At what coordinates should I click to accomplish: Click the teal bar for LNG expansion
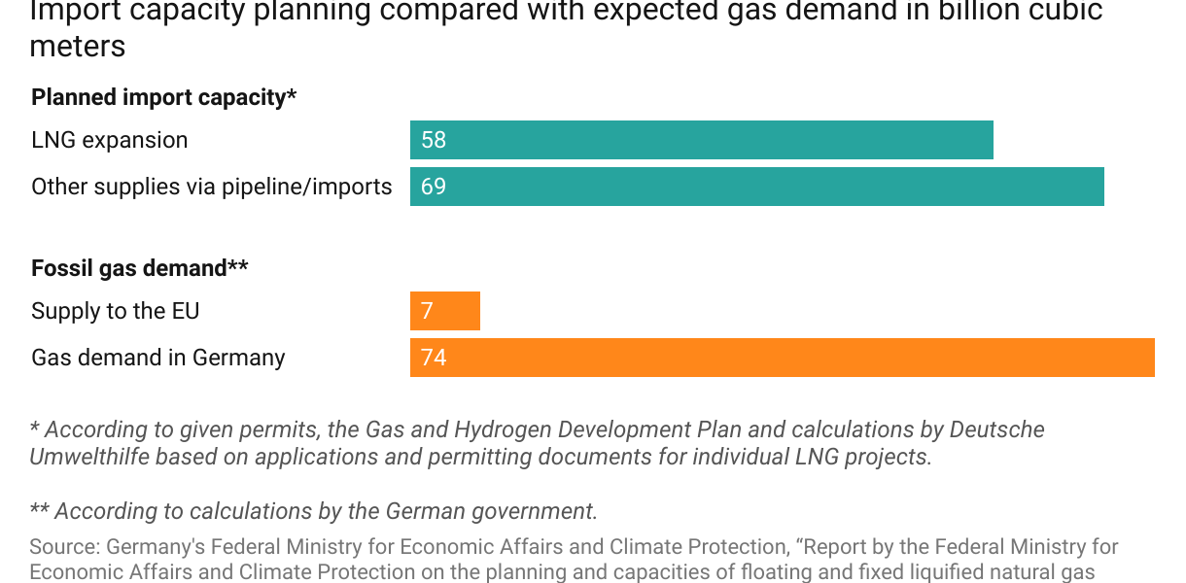tap(701, 140)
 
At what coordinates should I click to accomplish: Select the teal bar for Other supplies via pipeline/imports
tap(756, 187)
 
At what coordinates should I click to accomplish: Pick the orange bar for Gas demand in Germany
tap(782, 358)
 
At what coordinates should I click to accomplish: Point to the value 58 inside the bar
tap(434, 140)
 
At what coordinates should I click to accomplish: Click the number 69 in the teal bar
tap(434, 187)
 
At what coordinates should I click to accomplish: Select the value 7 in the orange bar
tap(428, 311)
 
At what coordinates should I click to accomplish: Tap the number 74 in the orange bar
tap(434, 358)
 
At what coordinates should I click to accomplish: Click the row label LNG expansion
tap(110, 140)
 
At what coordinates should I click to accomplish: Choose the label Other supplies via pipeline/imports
tap(212, 187)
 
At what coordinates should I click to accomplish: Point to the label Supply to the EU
tap(116, 311)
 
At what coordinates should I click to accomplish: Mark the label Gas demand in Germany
tap(158, 358)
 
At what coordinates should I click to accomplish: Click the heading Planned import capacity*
tap(163, 97)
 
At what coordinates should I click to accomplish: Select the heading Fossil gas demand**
tap(140, 267)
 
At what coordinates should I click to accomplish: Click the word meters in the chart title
tap(78, 47)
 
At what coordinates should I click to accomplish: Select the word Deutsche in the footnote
tap(997, 429)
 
